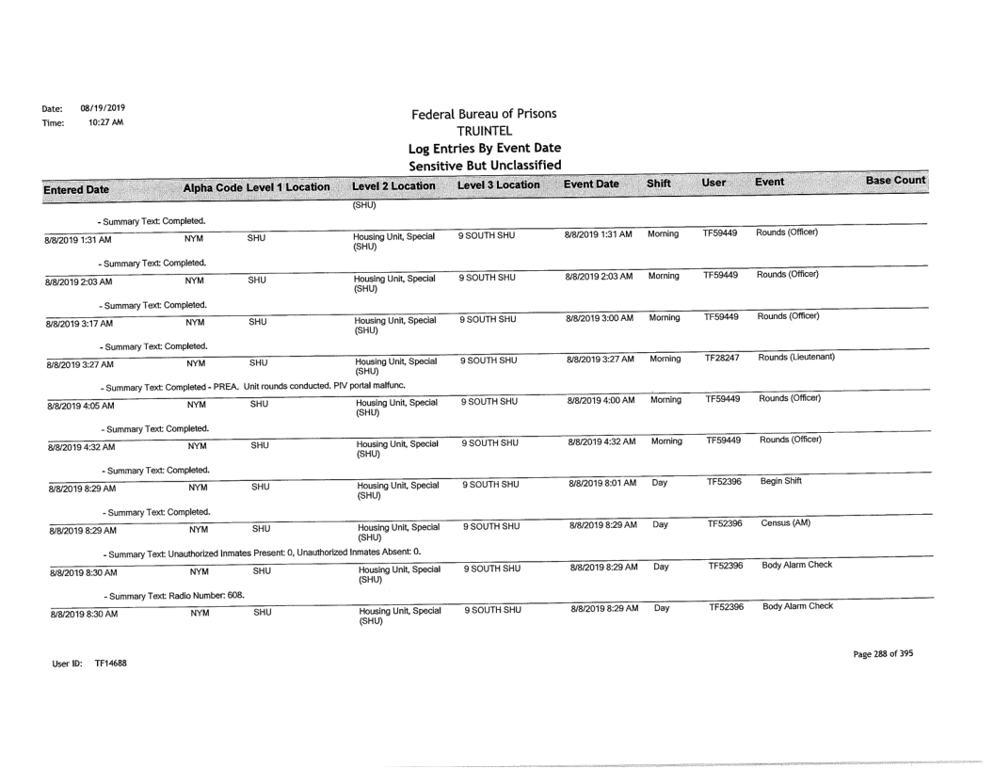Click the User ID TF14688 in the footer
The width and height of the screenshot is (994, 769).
(x=90, y=663)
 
